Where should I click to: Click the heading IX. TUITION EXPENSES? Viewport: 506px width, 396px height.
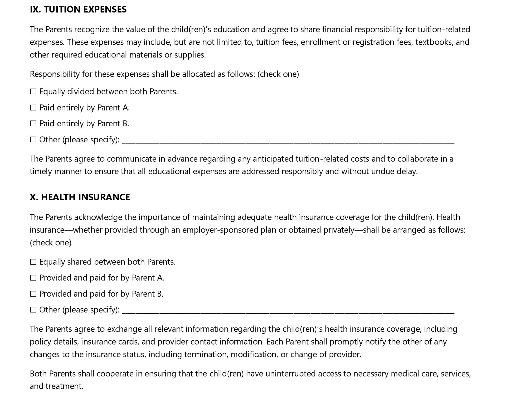click(x=78, y=9)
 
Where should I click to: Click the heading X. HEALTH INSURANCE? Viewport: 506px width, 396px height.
click(x=80, y=197)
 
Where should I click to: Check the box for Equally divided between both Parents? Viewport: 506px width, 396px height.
click(x=33, y=92)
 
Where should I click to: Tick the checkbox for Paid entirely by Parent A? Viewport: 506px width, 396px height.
click(x=33, y=108)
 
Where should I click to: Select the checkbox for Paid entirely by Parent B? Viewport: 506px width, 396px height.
click(x=33, y=124)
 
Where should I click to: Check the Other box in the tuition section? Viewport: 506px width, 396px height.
click(x=33, y=140)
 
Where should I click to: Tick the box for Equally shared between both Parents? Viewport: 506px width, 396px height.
click(x=33, y=262)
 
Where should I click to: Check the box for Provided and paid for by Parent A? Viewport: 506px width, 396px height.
click(x=33, y=278)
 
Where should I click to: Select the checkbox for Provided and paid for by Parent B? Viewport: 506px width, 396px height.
click(x=33, y=294)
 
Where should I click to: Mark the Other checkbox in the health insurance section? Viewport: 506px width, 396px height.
click(x=33, y=310)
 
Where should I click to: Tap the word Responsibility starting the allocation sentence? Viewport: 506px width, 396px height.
click(x=55, y=74)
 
